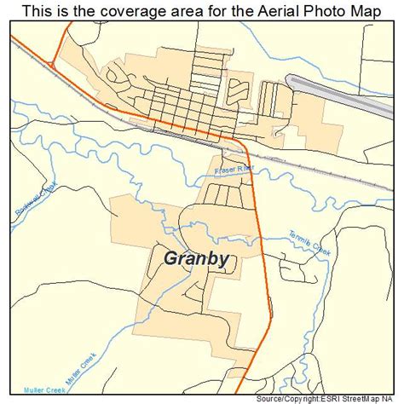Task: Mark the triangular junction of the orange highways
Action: (55, 57)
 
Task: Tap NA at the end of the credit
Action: (395, 397)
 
